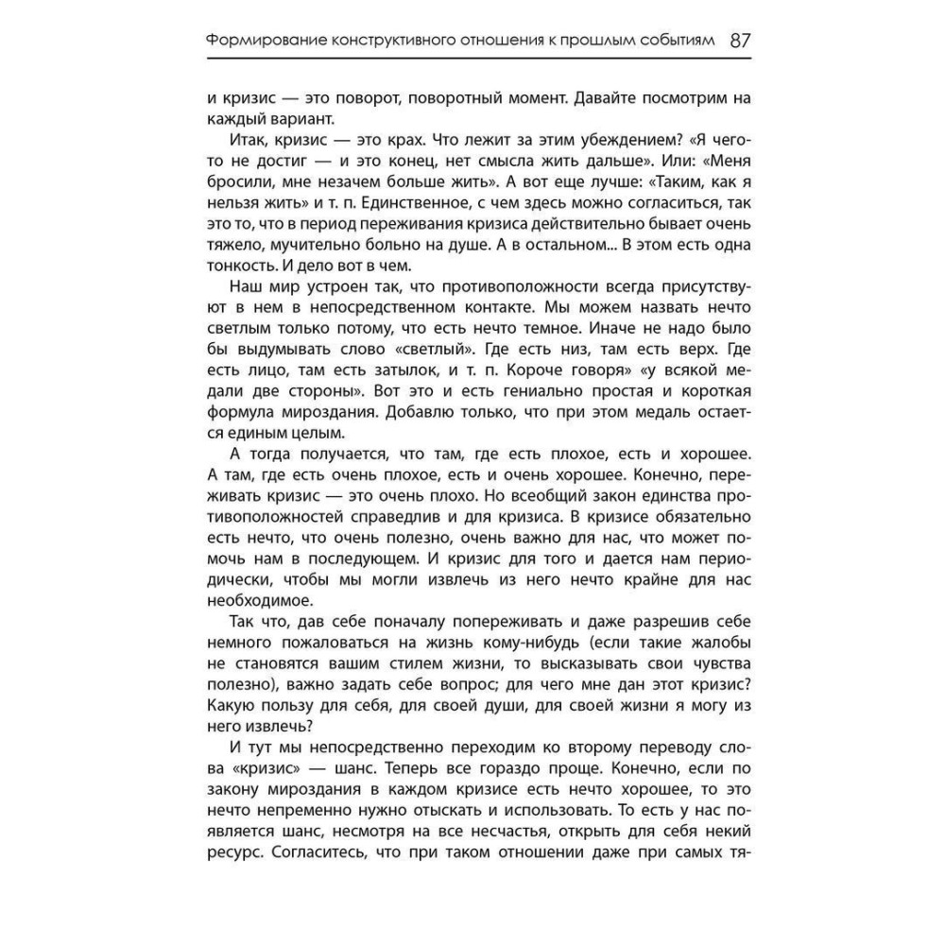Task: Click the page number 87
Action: coord(740,41)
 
